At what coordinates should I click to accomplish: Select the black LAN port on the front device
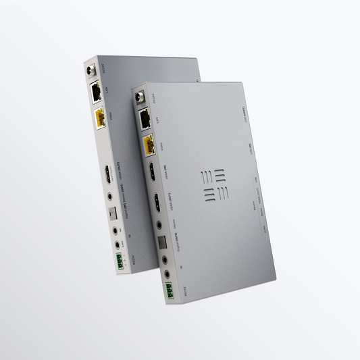coord(145,119)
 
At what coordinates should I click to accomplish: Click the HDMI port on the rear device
coord(107,178)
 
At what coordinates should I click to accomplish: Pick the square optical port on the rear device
coord(113,213)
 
